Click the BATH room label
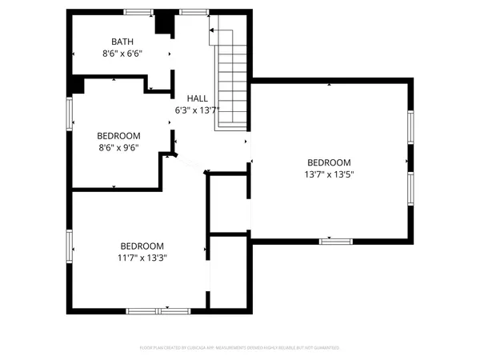[122, 42]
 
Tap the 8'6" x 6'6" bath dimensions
[122, 54]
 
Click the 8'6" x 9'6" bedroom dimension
[118, 147]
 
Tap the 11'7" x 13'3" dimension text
[142, 258]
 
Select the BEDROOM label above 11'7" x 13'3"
[142, 246]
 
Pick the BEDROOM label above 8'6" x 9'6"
[118, 135]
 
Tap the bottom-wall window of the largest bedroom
[336, 241]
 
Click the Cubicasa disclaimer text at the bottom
[240, 348]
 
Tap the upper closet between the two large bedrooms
[229, 204]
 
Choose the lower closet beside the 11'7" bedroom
[229, 272]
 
